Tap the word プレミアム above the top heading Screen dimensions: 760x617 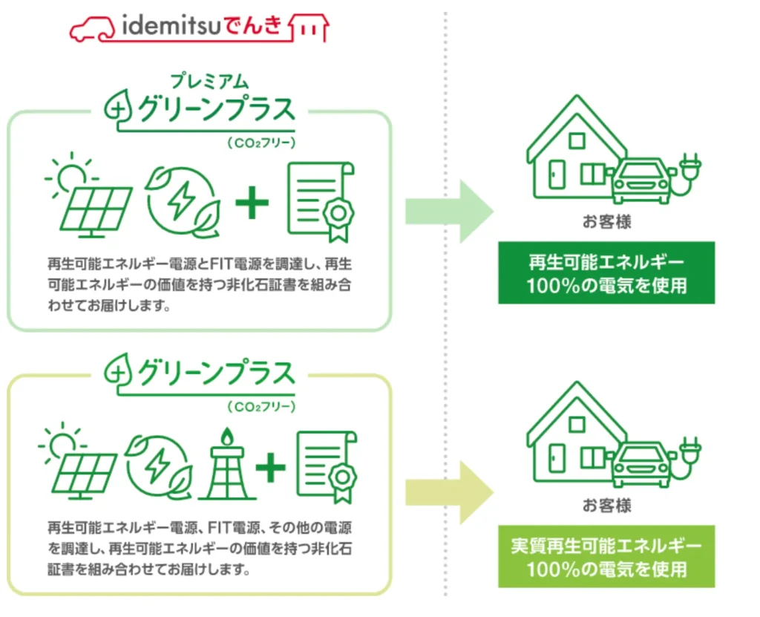[x=209, y=81]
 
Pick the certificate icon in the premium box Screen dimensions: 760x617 [x=321, y=202]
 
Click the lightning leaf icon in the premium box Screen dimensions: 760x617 [x=183, y=202]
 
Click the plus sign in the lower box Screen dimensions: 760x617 [x=270, y=468]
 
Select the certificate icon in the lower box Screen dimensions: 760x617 [x=327, y=467]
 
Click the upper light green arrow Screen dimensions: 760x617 [x=449, y=212]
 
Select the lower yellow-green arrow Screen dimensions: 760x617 [x=449, y=493]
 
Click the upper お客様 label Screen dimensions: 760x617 [x=607, y=222]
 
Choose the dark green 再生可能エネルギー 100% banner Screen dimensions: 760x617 [x=606, y=272]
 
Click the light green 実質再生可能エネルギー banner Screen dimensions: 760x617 [x=606, y=556]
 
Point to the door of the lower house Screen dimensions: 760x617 [x=557, y=458]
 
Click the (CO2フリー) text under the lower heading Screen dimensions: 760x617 [x=261, y=406]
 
